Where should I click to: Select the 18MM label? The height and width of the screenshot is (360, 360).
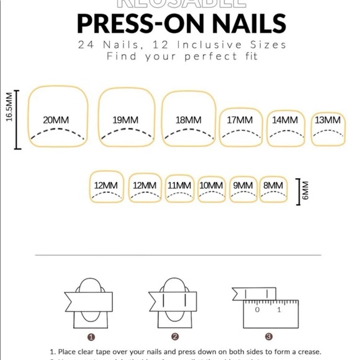tap(189, 120)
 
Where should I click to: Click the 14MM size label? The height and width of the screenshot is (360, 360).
tap(286, 120)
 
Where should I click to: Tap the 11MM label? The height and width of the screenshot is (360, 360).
tap(179, 185)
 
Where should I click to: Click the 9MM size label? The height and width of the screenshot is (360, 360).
tap(243, 185)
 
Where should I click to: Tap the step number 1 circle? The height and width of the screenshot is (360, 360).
tap(92, 337)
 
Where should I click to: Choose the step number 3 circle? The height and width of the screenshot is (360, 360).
tap(268, 337)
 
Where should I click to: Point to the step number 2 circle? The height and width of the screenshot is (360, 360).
tap(175, 337)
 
